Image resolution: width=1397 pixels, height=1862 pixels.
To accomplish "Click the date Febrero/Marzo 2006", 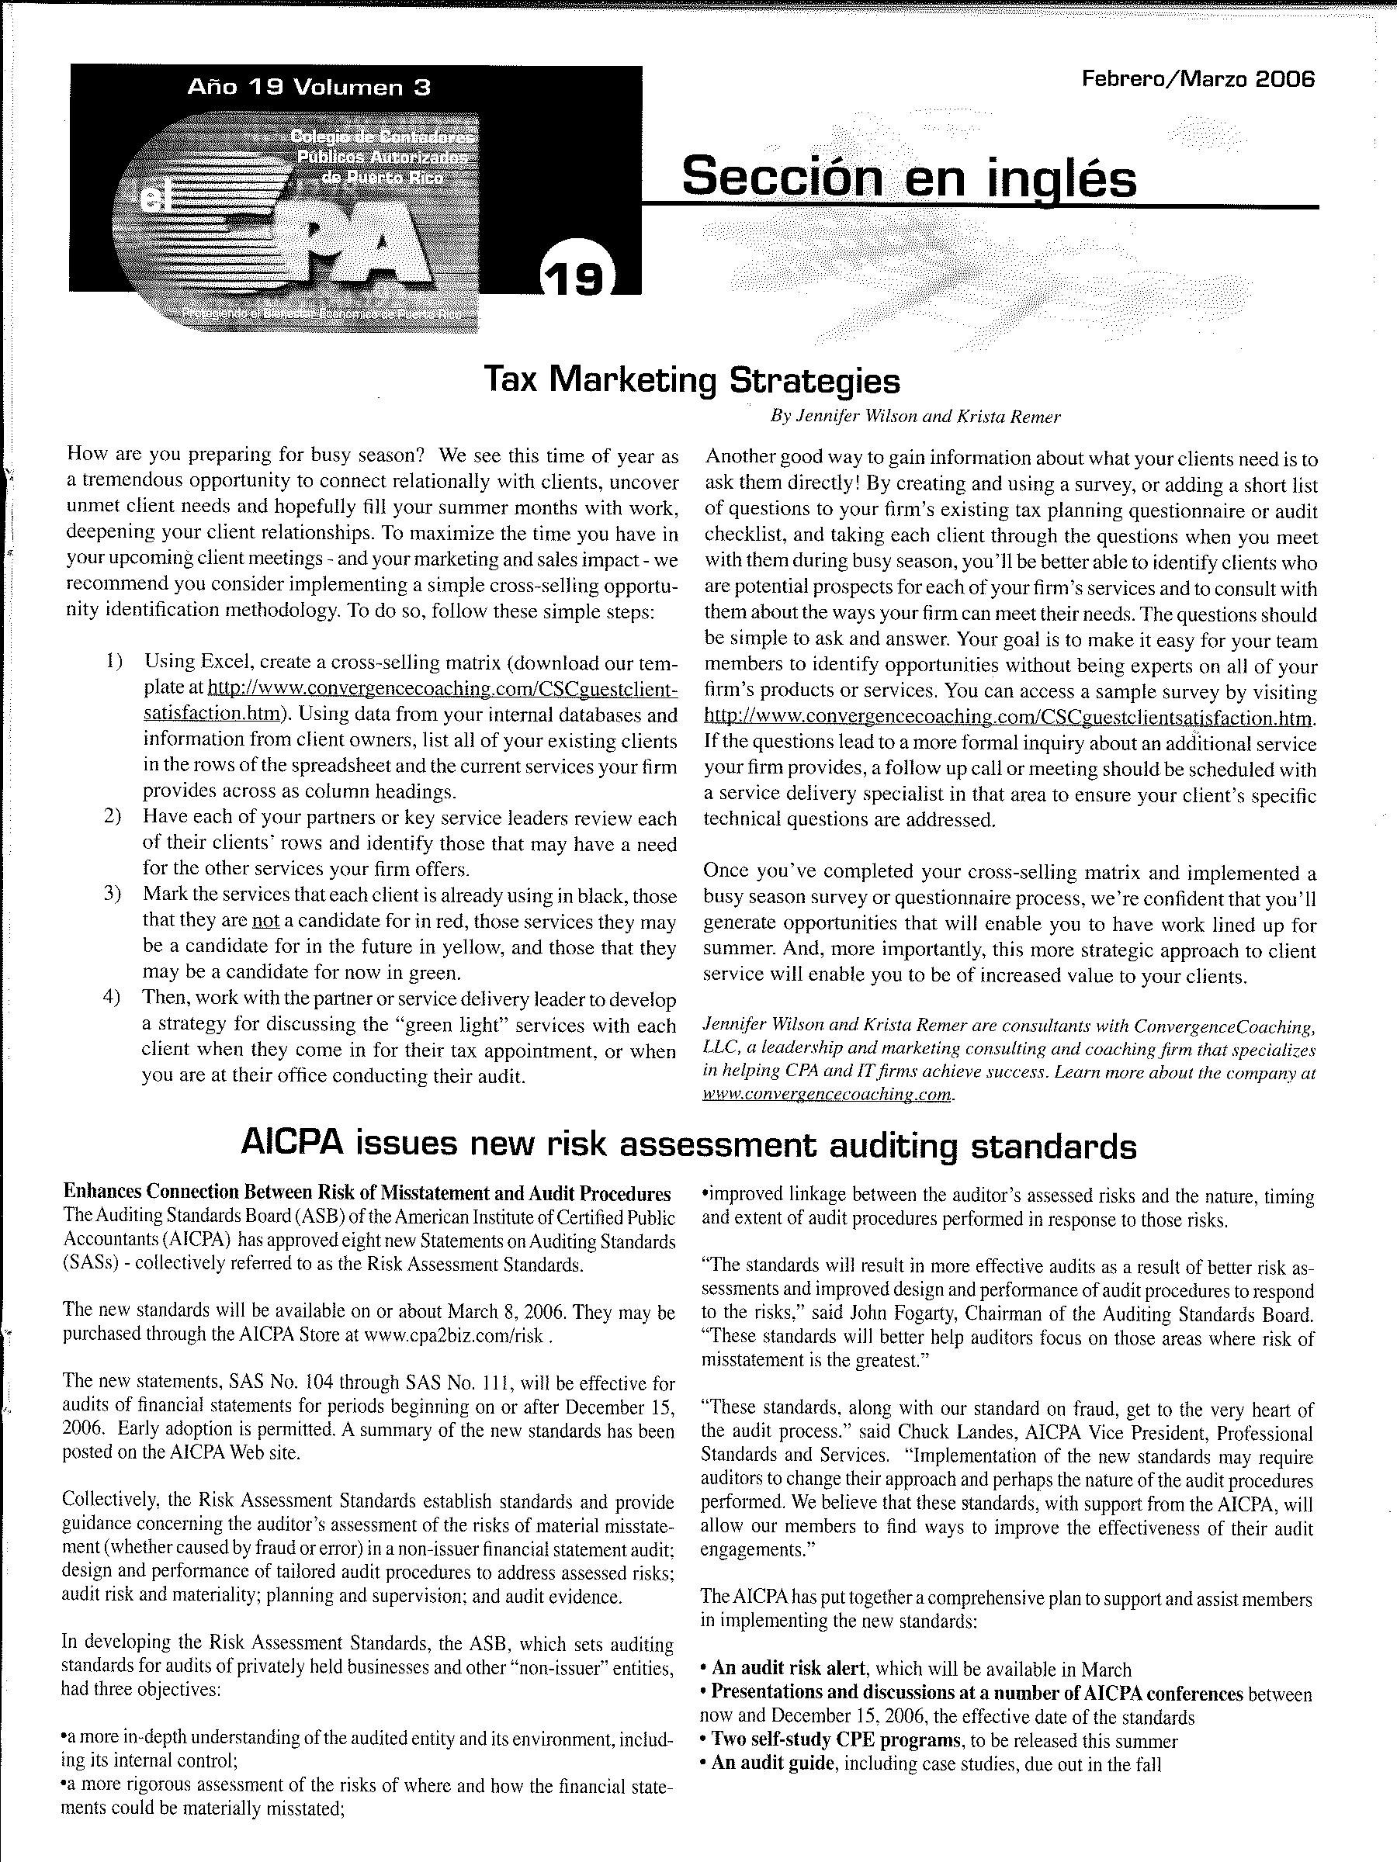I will point(1198,80).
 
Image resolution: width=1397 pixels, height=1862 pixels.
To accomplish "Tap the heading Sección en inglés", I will point(909,178).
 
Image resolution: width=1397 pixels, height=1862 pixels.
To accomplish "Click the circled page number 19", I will point(577,279).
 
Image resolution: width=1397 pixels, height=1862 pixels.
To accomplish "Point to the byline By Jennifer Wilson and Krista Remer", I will point(915,416).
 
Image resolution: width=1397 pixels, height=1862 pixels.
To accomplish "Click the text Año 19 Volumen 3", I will point(309,87).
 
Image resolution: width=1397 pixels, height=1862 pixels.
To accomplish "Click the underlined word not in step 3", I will point(265,921).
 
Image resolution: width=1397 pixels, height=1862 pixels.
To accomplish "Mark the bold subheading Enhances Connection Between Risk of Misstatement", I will point(367,1194).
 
